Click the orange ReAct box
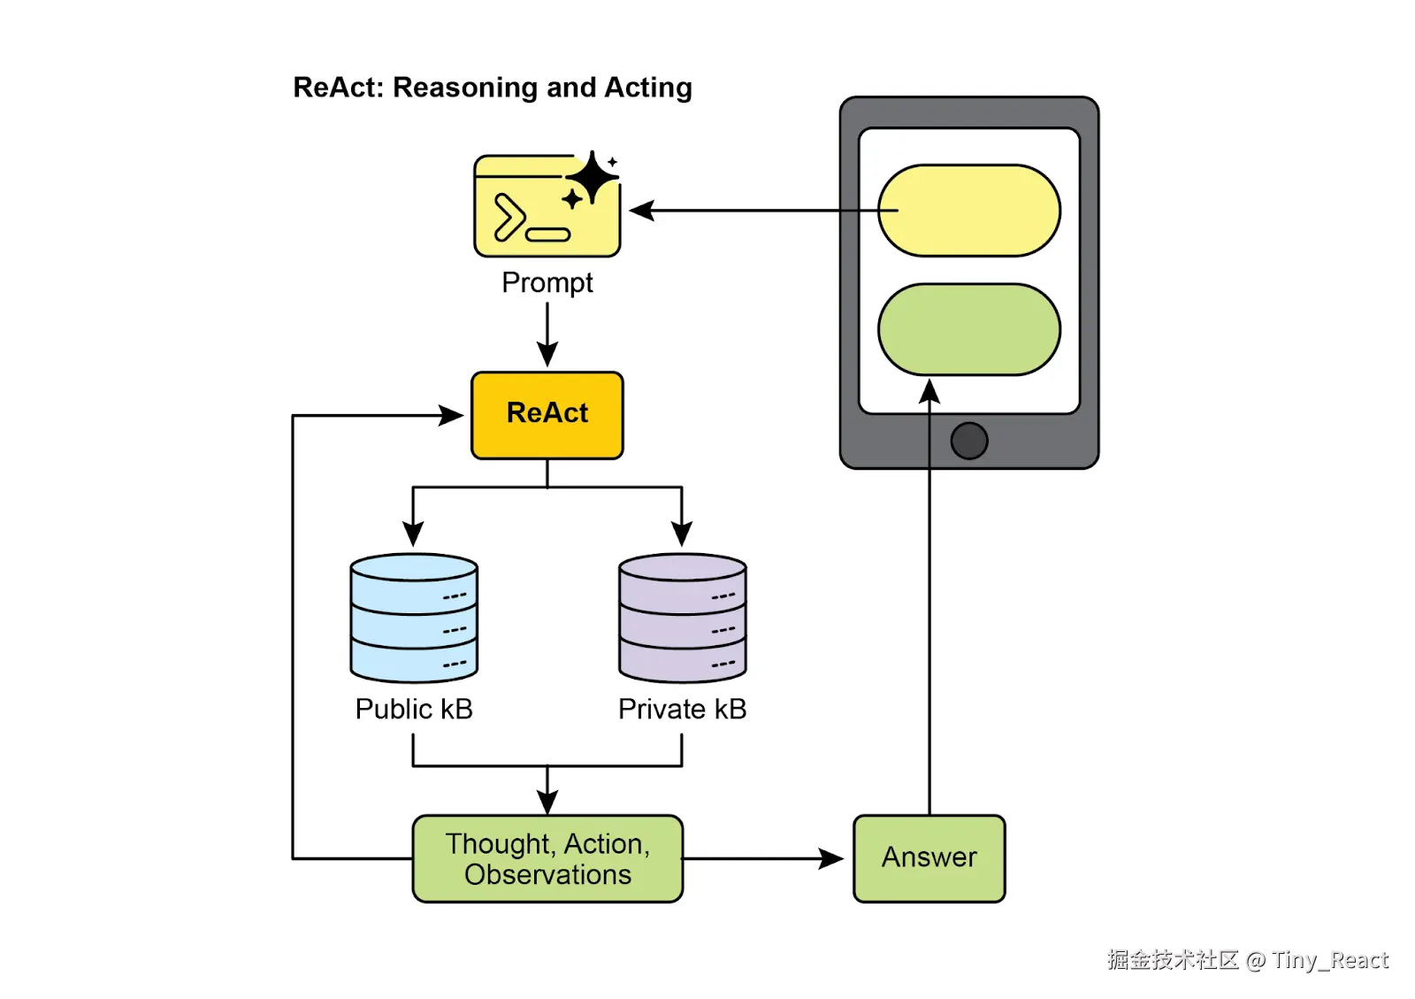pyautogui.click(x=547, y=415)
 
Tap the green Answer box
pyautogui.click(x=929, y=858)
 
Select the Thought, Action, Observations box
pyautogui.click(x=547, y=858)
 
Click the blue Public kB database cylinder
pyautogui.click(x=414, y=618)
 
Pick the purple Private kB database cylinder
pyautogui.click(x=682, y=618)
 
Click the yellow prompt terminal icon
pyautogui.click(x=547, y=204)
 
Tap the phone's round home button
pyautogui.click(x=969, y=441)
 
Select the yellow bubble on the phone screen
pyautogui.click(x=969, y=211)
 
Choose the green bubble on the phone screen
pyautogui.click(x=969, y=329)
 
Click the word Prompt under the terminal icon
pyautogui.click(x=547, y=282)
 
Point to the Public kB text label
pyautogui.click(x=414, y=709)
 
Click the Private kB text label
pyautogui.click(x=682, y=709)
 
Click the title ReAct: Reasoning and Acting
pyautogui.click(x=493, y=88)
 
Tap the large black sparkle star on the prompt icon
pyautogui.click(x=592, y=177)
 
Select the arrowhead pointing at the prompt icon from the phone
pyautogui.click(x=642, y=211)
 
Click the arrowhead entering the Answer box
pyautogui.click(x=830, y=858)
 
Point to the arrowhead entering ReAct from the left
pyautogui.click(x=451, y=415)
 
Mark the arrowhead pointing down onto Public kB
pyautogui.click(x=413, y=534)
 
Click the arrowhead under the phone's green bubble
pyautogui.click(x=929, y=391)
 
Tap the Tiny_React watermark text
pyautogui.click(x=1330, y=960)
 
